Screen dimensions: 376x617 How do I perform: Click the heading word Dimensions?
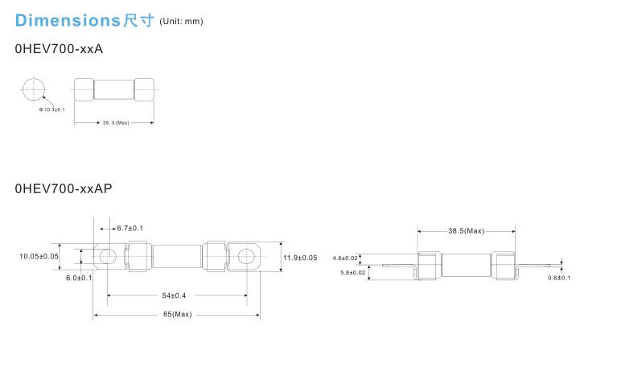(67, 19)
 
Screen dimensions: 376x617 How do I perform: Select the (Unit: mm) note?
(182, 21)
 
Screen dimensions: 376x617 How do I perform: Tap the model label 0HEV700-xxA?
(59, 49)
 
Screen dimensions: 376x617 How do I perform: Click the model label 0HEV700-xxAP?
(64, 188)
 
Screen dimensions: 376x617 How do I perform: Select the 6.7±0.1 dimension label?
(130, 229)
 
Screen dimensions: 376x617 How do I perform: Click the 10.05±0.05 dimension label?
(39, 256)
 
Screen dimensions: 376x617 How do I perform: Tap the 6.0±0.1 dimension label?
(79, 278)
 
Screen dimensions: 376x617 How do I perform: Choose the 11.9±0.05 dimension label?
(300, 258)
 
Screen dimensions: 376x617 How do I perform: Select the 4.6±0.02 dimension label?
(345, 258)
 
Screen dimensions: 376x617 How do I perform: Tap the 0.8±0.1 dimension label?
(559, 278)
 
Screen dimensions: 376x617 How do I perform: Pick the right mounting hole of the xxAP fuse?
(245, 256)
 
